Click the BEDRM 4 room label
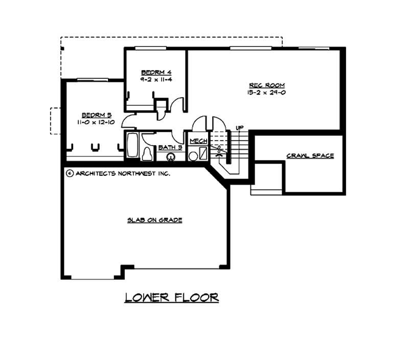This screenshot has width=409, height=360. coord(153,73)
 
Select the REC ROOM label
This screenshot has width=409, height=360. coord(266,85)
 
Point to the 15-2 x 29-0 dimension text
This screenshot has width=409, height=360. coord(266,93)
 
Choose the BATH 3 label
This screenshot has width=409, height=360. coord(170,147)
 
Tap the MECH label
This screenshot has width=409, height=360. coord(198,141)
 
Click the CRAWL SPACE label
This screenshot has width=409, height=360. coord(310,155)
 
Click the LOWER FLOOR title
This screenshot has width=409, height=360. coord(172,297)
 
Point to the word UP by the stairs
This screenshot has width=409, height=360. coord(239,127)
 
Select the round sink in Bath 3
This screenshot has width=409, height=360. coord(169,156)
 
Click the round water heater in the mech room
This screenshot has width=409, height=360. coord(193,155)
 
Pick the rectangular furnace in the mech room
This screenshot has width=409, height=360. coord(203,154)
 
